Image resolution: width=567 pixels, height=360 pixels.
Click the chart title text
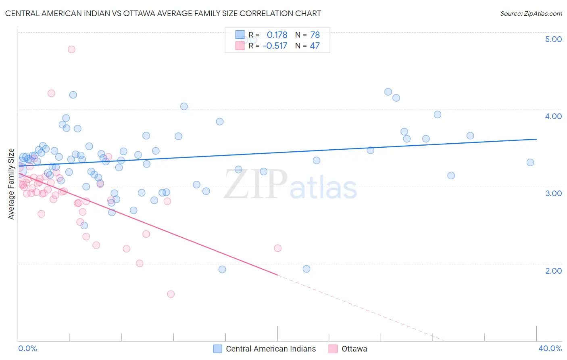coord(163,13)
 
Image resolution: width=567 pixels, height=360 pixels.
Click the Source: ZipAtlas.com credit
coord(531,14)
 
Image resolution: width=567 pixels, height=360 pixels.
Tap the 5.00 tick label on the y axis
coord(553,39)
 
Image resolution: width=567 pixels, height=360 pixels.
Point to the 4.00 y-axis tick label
coord(553,116)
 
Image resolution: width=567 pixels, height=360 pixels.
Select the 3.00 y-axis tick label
coord(553,193)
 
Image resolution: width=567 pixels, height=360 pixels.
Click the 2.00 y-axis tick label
coord(553,271)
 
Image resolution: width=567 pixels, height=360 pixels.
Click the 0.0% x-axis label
coord(27,348)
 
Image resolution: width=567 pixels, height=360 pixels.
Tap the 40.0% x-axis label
coord(550,348)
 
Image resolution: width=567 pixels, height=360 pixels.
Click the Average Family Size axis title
coord(11,184)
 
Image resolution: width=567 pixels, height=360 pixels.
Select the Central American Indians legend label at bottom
coord(271,349)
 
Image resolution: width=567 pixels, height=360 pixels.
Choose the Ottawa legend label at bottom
coord(354,349)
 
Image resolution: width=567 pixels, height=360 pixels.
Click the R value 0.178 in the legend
coord(277,35)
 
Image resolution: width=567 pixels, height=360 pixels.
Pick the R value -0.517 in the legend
coord(275,46)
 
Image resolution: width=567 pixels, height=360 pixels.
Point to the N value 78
coord(315,35)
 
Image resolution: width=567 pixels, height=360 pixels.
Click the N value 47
coord(315,46)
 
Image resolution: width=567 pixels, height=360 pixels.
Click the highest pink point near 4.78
coord(71,49)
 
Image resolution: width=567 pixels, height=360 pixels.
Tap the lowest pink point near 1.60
coord(171,294)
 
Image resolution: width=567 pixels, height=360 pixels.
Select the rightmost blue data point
coord(530,162)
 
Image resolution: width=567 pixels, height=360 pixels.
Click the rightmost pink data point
coord(277,248)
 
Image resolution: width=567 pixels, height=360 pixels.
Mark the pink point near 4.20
coord(51,93)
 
